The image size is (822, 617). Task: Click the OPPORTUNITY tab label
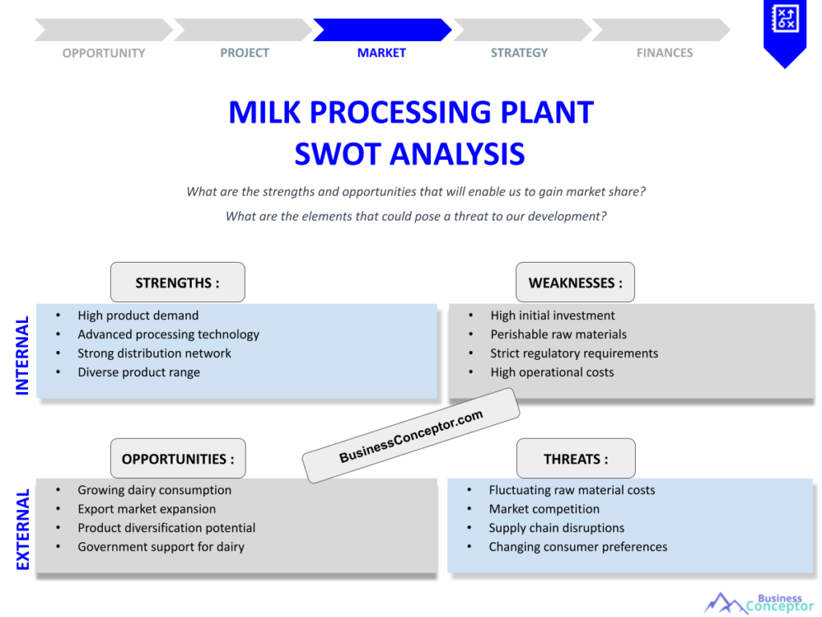tap(104, 53)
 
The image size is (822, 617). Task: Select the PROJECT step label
tap(245, 53)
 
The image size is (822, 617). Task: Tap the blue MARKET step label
tap(381, 53)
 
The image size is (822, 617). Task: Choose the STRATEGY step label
tap(519, 53)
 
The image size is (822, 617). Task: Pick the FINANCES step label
tap(665, 53)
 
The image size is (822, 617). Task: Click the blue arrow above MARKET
tap(381, 30)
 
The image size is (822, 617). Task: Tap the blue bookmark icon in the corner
tap(783, 31)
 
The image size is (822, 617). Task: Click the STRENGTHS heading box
tap(177, 283)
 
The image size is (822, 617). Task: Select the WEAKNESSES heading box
tap(575, 283)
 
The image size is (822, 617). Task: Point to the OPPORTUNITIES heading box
tap(178, 459)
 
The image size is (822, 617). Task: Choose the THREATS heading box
tap(576, 459)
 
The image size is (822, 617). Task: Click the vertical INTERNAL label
tap(22, 355)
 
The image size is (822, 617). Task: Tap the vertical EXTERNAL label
tap(22, 529)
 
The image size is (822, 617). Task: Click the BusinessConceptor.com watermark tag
tap(411, 435)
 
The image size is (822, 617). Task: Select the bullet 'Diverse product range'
tap(139, 372)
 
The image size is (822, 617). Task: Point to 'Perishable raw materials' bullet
tap(559, 334)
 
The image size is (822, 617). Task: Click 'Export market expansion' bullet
tap(147, 509)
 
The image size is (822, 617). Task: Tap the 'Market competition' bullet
tap(544, 509)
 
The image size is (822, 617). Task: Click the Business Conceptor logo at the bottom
tap(759, 603)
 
